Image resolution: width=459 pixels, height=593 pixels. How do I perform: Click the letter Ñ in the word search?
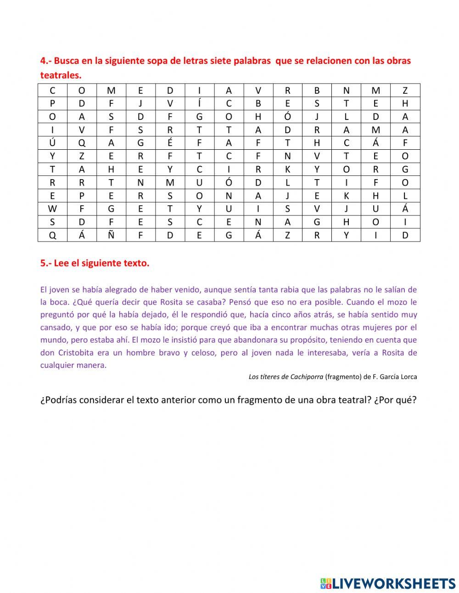tap(111, 235)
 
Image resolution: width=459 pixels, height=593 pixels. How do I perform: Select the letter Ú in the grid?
tap(52, 142)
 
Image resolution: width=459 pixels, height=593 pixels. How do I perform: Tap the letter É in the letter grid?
tap(170, 142)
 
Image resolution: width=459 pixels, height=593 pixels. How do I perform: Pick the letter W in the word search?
tap(52, 209)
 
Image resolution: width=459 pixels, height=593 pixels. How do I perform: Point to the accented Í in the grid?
tap(199, 103)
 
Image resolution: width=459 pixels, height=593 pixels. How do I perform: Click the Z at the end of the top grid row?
tap(405, 90)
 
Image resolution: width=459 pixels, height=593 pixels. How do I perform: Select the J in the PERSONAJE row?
tap(287, 196)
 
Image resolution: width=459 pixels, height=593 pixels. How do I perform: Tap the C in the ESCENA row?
tap(199, 222)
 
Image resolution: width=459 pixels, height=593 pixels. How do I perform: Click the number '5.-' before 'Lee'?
tap(46, 263)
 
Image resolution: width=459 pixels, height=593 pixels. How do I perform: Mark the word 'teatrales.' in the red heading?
tap(61, 75)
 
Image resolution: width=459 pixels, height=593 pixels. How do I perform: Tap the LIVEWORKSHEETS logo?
tap(388, 583)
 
